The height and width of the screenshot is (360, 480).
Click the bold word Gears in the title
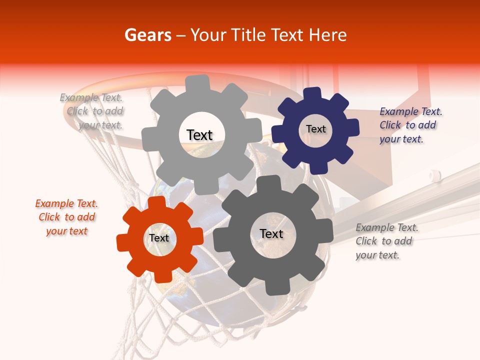(147, 35)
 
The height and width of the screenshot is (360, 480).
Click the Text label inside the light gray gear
(199, 135)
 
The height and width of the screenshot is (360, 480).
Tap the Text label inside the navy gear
(315, 129)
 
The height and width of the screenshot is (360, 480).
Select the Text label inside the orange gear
(159, 238)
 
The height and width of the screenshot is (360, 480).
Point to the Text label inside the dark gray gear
(271, 233)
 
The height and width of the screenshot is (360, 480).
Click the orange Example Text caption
(66, 217)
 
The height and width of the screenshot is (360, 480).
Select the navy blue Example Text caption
(410, 125)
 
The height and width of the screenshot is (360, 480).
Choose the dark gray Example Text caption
(386, 241)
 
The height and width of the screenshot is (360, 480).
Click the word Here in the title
(327, 35)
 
